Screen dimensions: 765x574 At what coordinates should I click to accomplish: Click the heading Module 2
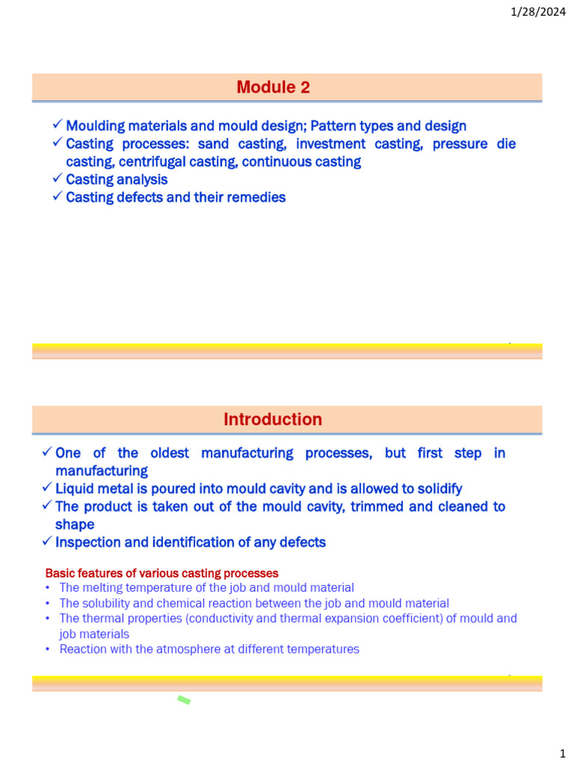pyautogui.click(x=273, y=87)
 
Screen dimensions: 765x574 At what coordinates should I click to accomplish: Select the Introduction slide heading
pyautogui.click(x=273, y=420)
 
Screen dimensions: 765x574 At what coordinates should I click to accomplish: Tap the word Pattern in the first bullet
pyautogui.click(x=354, y=126)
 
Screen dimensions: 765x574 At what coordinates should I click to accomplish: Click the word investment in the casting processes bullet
pyautogui.click(x=320, y=144)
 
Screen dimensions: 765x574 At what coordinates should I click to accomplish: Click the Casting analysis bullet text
pyautogui.click(x=117, y=180)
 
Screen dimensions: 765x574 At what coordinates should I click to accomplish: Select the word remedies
pyautogui.click(x=258, y=198)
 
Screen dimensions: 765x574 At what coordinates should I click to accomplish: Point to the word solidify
pyautogui.click(x=436, y=489)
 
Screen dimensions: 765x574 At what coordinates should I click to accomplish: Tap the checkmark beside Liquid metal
pyautogui.click(x=47, y=489)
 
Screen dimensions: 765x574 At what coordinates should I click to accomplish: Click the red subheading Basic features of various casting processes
pyautogui.click(x=161, y=574)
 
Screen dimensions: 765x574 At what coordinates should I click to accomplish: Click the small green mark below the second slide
pyautogui.click(x=184, y=700)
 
